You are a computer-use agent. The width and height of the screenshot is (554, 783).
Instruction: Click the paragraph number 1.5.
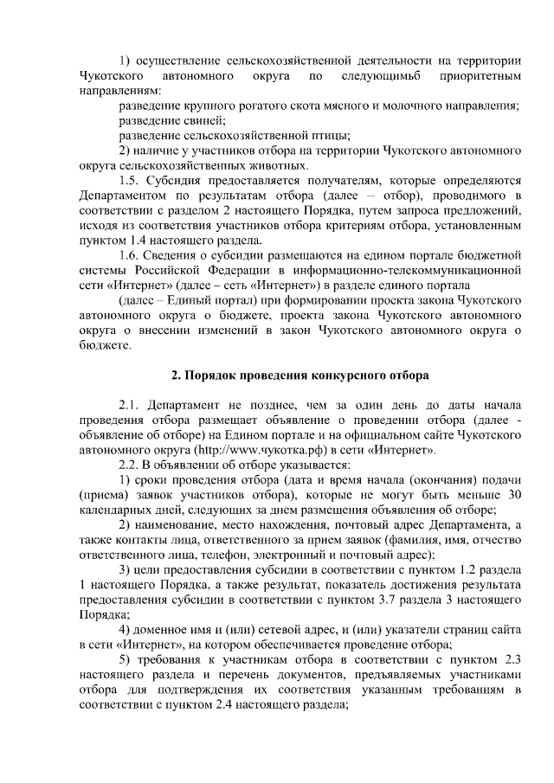(x=131, y=180)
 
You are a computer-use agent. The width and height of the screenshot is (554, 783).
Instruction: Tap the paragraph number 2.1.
(x=131, y=405)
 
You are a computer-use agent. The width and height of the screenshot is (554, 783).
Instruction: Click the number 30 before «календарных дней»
(x=513, y=494)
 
